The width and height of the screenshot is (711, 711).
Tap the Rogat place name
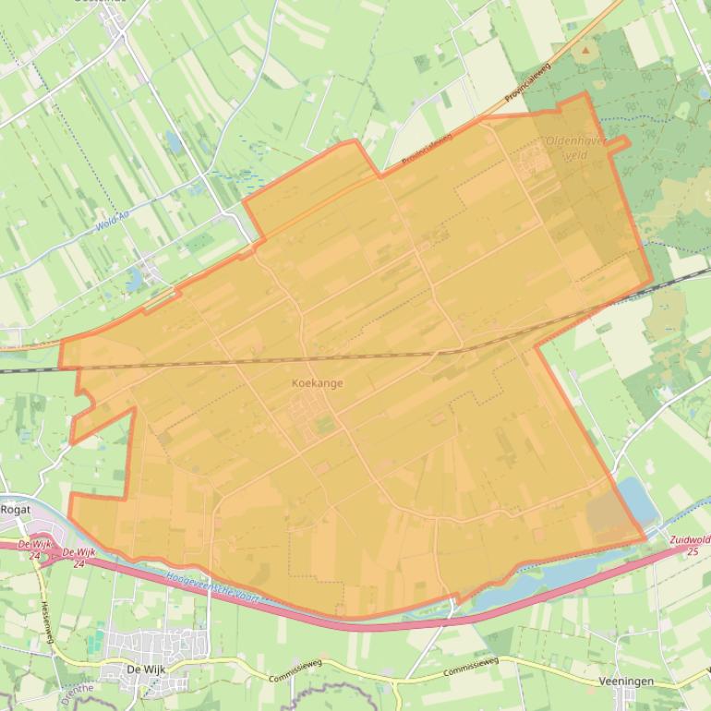coord(16,509)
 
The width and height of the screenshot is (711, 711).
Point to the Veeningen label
coord(626,681)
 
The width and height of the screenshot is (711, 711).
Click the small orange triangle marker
coord(584,47)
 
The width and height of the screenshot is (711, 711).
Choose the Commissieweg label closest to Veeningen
coord(470,667)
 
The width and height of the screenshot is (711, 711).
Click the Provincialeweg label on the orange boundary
coord(427,149)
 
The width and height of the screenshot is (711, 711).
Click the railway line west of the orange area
coord(28,370)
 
